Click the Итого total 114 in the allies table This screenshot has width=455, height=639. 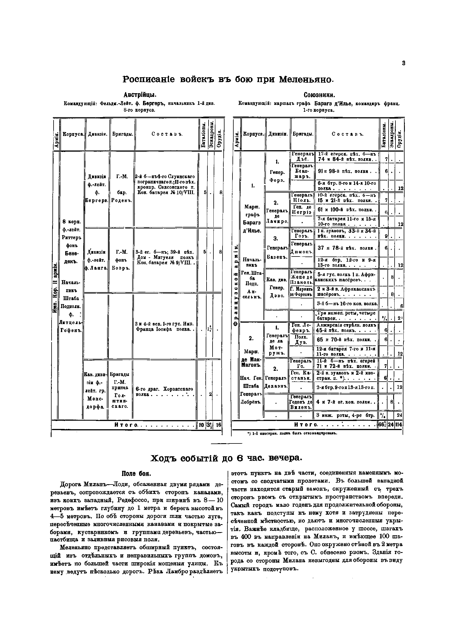(400, 425)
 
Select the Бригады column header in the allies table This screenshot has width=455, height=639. (303, 134)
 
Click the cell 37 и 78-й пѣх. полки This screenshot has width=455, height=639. (347, 248)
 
